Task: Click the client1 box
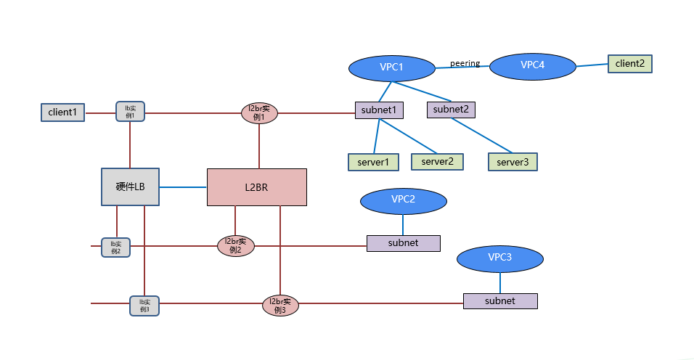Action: (62, 112)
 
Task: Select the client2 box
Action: (629, 64)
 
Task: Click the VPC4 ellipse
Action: (533, 65)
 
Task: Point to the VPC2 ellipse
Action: (403, 200)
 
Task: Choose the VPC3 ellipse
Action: (500, 258)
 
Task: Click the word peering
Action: (465, 63)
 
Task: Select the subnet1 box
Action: (378, 110)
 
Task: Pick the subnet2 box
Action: (450, 110)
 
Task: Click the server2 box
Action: (438, 161)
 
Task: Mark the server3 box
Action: (513, 162)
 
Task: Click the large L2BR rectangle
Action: (256, 187)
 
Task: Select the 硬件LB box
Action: (130, 187)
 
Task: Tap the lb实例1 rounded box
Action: (131, 112)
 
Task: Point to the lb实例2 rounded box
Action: (115, 247)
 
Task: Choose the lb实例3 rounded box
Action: (144, 306)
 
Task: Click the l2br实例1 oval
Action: (259, 113)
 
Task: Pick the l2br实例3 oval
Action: (280, 306)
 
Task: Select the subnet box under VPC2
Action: (403, 243)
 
